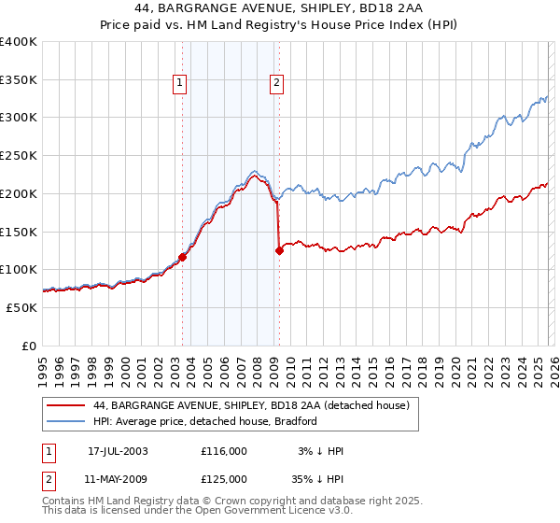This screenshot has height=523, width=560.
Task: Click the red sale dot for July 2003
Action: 183,258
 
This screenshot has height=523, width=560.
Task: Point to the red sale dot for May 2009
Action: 279,249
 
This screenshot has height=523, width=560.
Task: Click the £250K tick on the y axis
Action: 19,156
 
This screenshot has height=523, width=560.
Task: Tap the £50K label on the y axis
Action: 21,307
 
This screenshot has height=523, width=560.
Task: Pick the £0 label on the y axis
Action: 29,346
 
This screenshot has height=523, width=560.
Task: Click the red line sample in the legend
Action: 64,405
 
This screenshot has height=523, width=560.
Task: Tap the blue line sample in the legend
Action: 64,421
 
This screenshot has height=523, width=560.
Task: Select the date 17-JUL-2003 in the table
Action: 118,451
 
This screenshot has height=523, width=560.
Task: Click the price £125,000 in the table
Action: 224,479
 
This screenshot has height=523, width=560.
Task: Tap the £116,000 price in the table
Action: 224,451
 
